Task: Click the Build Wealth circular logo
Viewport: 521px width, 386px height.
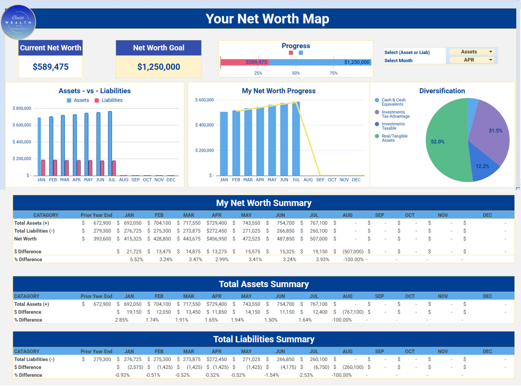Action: tap(18, 22)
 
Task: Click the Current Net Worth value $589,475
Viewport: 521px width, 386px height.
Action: tap(50, 67)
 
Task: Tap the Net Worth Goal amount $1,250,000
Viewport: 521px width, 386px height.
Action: tap(159, 67)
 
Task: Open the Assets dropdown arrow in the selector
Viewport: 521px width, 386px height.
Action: tap(491, 52)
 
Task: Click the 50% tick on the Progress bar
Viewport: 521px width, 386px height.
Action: tap(296, 73)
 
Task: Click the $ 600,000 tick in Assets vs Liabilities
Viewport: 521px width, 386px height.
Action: tap(22, 125)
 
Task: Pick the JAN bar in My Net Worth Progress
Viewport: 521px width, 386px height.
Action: tap(224, 144)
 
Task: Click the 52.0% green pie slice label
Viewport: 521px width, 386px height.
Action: tap(437, 142)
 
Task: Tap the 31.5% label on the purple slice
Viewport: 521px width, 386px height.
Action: tap(495, 131)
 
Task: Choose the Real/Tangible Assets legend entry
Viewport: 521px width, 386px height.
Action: tap(394, 138)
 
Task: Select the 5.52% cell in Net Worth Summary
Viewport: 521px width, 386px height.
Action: tap(136, 260)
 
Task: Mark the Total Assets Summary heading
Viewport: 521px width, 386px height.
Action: tap(264, 284)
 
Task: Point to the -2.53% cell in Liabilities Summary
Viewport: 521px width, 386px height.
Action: tap(306, 375)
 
